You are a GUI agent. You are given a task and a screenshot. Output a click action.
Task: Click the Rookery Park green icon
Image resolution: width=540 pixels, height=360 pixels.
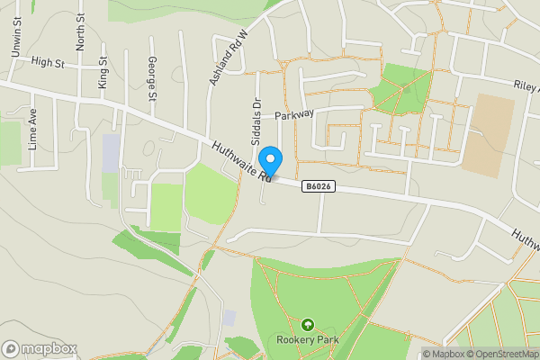point(308,325)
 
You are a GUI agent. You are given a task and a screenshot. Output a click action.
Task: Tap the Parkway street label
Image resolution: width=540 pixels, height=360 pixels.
point(294,115)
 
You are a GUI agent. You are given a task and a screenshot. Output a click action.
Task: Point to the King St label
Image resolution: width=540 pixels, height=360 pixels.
point(103,72)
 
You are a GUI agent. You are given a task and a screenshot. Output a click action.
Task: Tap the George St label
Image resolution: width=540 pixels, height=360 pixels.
point(153,78)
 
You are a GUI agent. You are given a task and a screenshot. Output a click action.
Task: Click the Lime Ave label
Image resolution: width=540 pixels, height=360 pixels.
point(32,128)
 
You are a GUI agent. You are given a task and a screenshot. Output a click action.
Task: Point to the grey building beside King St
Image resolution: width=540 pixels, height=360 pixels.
point(111,153)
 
